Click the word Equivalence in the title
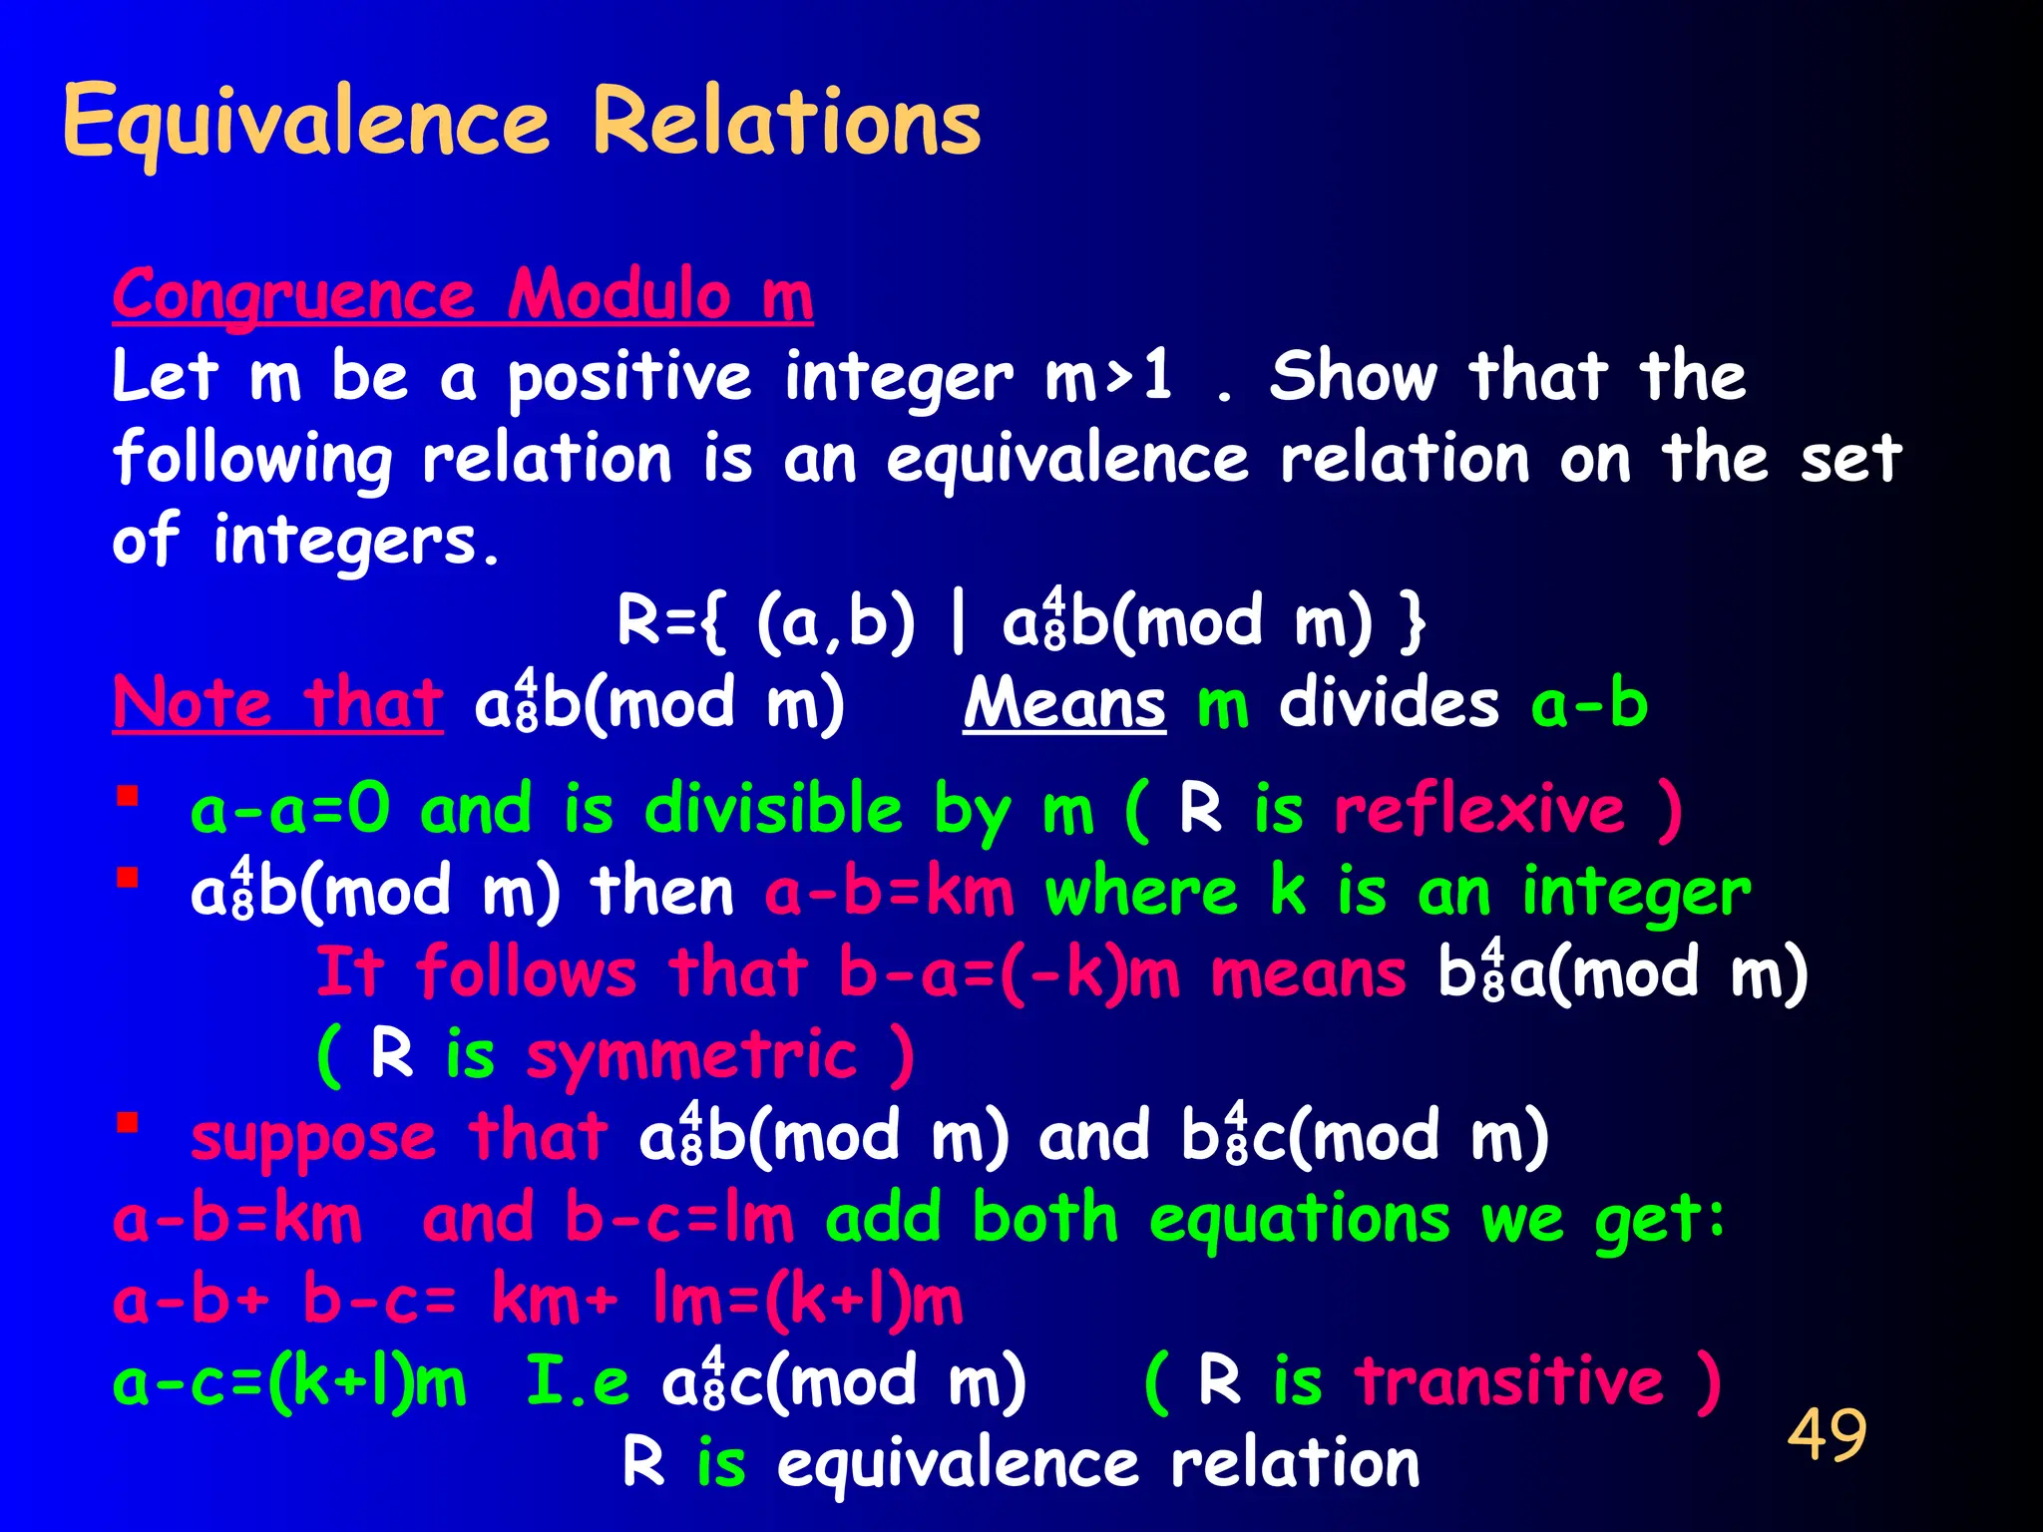pos(305,124)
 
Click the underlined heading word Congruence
pos(293,296)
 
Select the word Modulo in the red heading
pos(619,296)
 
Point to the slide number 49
pos(1827,1435)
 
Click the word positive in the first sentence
pos(628,379)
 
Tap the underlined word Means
pos(1064,704)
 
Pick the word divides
pos(1389,704)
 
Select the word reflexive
pos(1480,809)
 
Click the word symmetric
pos(691,1056)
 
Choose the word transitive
pos(1509,1382)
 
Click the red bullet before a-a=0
pos(127,796)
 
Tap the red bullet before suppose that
pos(127,1123)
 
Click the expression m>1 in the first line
pos(1108,379)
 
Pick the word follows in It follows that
pos(526,973)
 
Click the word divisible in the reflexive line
pos(773,809)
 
